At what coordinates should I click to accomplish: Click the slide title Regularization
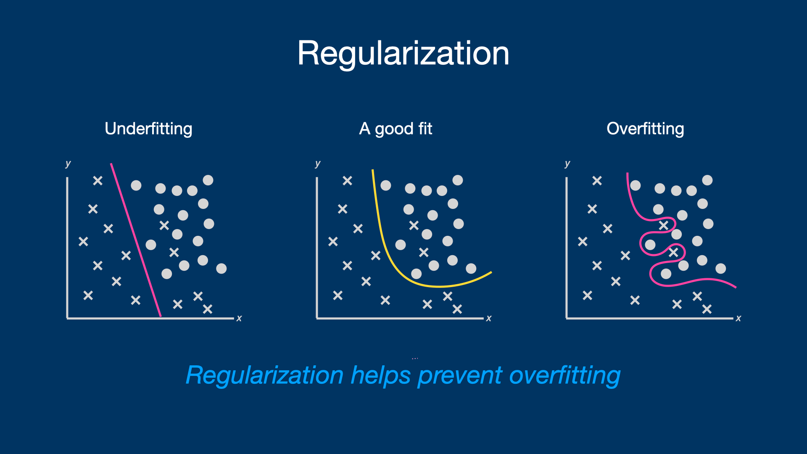(403, 53)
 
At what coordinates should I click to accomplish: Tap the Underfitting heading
(148, 129)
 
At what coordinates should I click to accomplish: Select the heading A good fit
(396, 129)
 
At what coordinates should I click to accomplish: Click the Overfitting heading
(645, 129)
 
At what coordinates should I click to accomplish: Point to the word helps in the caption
(380, 375)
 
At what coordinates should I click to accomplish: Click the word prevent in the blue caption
(460, 375)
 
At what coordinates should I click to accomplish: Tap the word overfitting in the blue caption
(564, 375)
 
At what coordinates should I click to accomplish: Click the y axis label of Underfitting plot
(68, 164)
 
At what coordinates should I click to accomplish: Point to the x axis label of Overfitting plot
(738, 318)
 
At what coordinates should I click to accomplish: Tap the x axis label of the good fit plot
(489, 318)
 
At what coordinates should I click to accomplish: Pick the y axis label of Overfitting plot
(567, 164)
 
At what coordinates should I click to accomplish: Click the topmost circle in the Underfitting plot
(208, 180)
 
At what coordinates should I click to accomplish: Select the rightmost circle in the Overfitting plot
(720, 268)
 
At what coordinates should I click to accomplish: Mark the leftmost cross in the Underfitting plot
(83, 241)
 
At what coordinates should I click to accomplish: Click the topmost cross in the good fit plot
(347, 181)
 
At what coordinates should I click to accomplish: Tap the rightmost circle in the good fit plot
(471, 268)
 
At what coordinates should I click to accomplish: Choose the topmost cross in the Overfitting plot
(597, 181)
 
